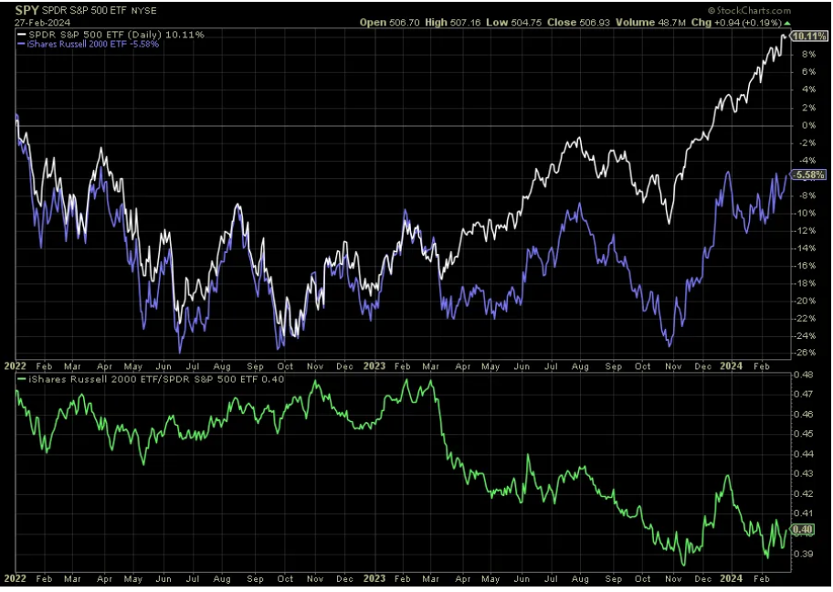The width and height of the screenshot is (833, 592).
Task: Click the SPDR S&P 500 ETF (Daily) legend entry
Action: pyautogui.click(x=110, y=34)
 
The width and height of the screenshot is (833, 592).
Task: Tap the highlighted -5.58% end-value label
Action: pyautogui.click(x=810, y=174)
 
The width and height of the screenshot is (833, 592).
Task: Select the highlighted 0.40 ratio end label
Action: pyautogui.click(x=804, y=530)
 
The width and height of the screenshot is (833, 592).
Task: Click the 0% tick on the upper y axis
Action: pyautogui.click(x=806, y=125)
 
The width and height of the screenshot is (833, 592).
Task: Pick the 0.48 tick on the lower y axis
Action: pyautogui.click(x=804, y=375)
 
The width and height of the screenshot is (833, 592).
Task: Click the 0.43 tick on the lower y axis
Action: pyautogui.click(x=804, y=473)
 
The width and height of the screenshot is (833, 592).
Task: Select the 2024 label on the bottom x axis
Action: pyautogui.click(x=731, y=578)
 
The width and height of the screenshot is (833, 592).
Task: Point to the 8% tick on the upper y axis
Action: pyautogui.click(x=806, y=55)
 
